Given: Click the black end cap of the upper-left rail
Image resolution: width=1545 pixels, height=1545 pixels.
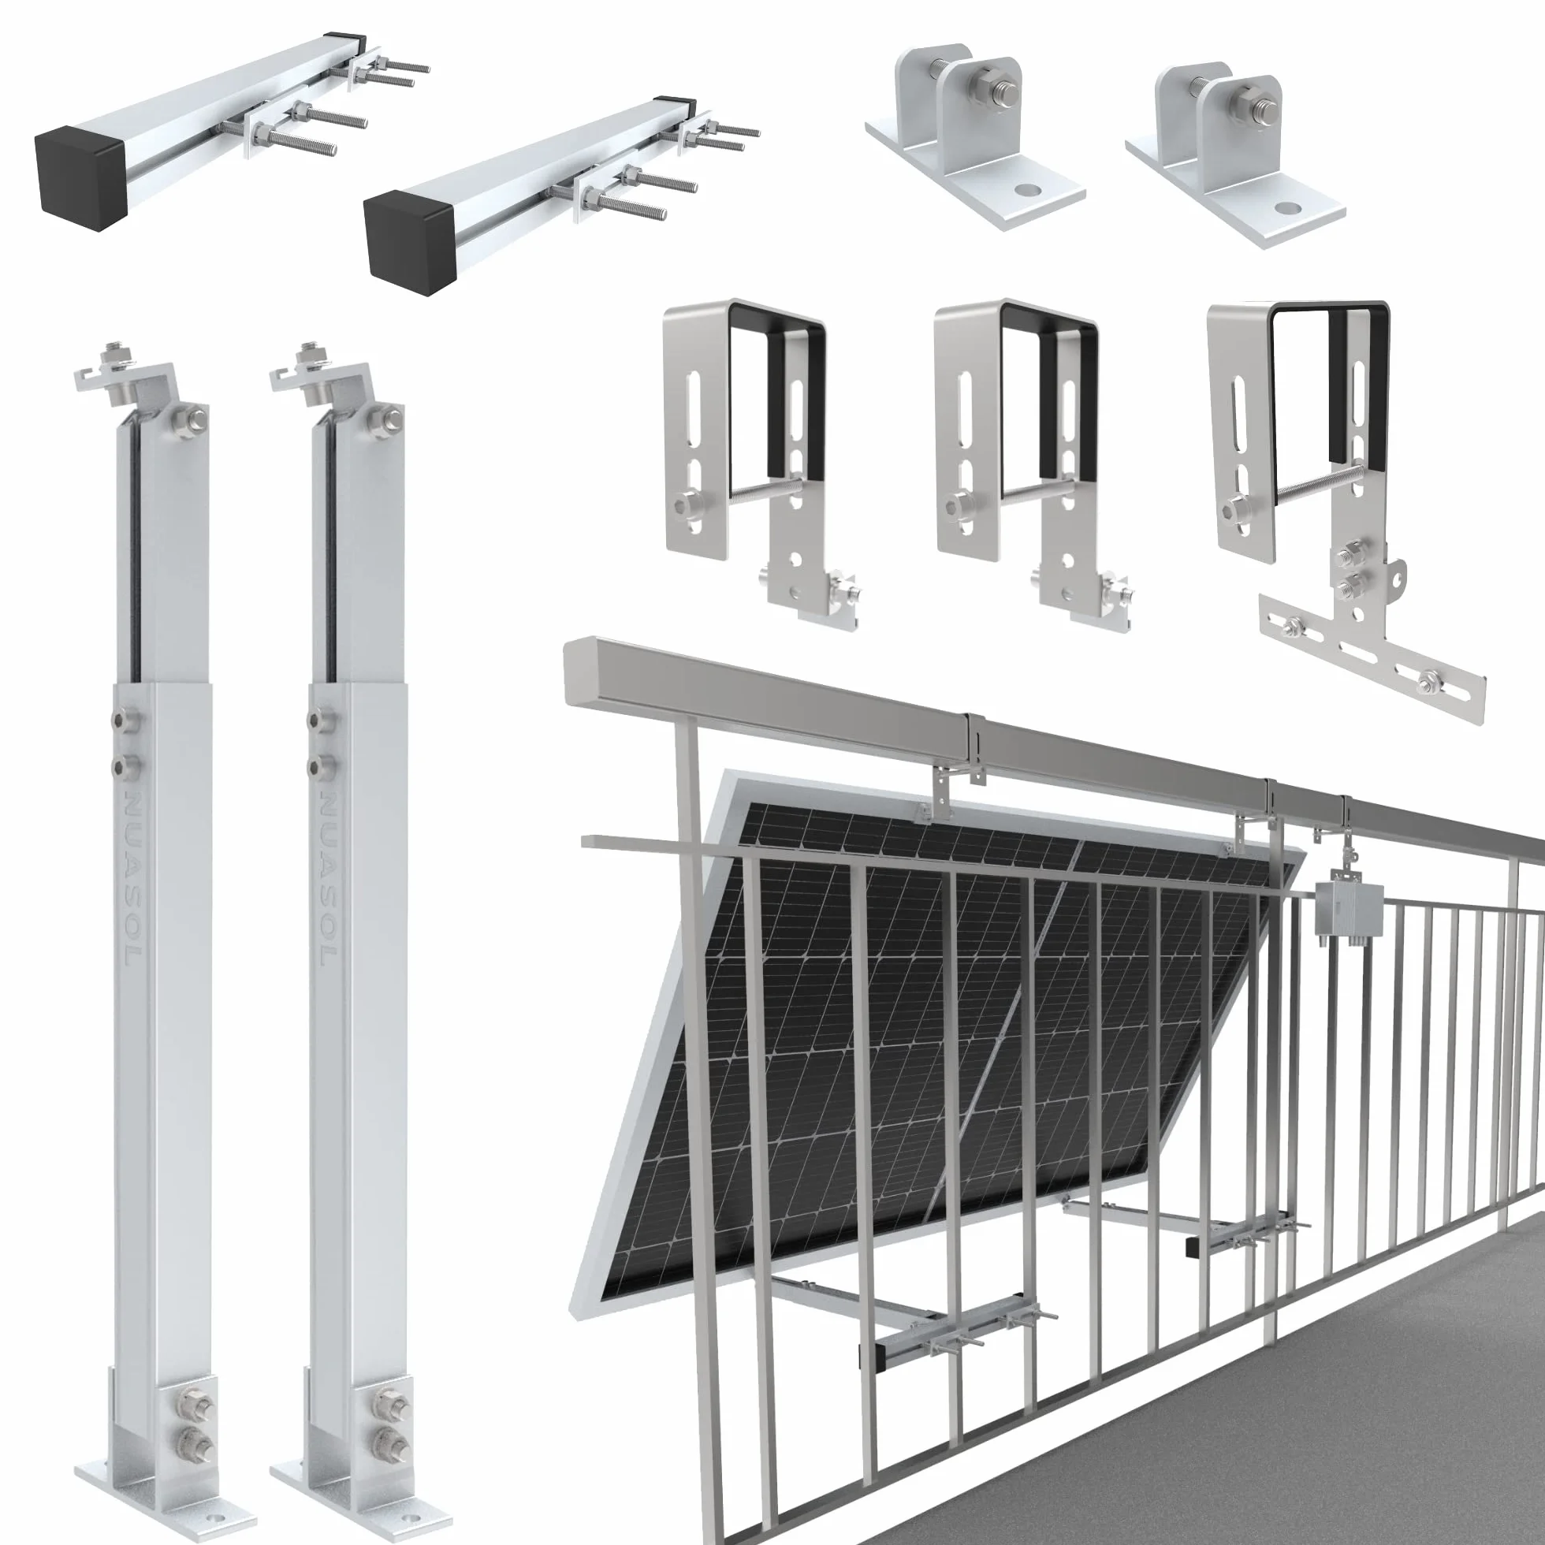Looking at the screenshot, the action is pos(81,177).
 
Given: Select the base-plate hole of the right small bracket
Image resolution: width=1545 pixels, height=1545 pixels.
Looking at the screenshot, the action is pos(1287,207).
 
